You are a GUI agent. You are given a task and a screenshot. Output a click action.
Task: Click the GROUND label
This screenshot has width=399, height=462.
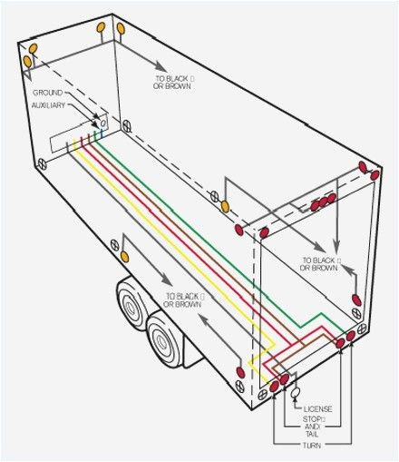(x=46, y=93)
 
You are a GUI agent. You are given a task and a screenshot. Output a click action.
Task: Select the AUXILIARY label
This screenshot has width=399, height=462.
(x=51, y=106)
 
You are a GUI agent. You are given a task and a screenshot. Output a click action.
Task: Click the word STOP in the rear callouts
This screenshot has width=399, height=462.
(x=313, y=418)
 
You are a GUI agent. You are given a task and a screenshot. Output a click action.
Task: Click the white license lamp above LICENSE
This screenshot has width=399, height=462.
(x=295, y=392)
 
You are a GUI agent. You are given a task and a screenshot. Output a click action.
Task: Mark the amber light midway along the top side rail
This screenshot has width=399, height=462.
(x=216, y=197)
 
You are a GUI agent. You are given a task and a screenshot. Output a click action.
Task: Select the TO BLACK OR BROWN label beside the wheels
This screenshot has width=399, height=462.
(x=183, y=300)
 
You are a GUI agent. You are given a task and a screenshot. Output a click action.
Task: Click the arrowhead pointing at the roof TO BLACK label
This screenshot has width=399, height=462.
(x=161, y=68)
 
